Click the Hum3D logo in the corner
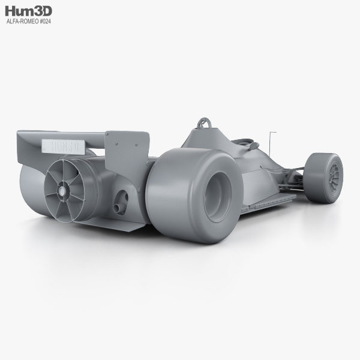coord(28,11)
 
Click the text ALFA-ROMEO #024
coord(29,22)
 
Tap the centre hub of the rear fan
coord(62,190)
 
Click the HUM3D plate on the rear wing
coord(64,146)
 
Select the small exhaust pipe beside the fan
coord(117,208)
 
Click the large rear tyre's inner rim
coord(217,197)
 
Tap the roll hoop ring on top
coord(204,122)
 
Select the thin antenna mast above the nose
coord(270,143)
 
